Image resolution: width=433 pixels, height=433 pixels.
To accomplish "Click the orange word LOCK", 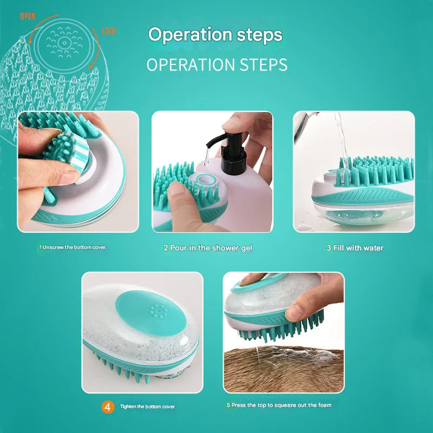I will [109, 31].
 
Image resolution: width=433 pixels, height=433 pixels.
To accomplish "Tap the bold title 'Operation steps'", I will [215, 35].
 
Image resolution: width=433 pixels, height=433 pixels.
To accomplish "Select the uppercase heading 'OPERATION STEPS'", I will [216, 64].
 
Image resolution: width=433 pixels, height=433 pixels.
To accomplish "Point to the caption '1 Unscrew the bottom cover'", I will [73, 247].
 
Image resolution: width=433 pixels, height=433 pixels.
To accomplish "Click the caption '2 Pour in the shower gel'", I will [208, 248].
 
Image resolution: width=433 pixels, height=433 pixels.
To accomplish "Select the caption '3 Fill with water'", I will [355, 248].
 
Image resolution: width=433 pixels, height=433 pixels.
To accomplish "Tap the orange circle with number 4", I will [108, 406].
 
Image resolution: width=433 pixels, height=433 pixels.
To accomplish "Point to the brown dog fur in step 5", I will [281, 371].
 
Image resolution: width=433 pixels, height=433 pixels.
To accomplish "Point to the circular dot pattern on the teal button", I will [159, 311].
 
